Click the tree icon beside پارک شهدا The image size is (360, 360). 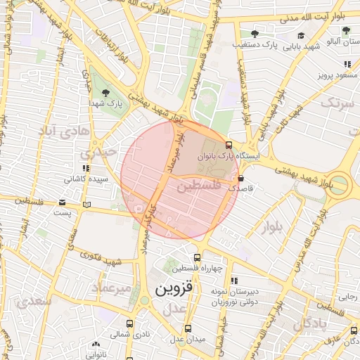point(105,92)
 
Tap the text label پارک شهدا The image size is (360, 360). point(105,104)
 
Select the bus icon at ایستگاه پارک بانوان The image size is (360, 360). point(229,144)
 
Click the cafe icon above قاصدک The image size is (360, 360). point(242,179)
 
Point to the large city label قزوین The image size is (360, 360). point(173,289)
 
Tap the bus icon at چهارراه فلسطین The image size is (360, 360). point(197,257)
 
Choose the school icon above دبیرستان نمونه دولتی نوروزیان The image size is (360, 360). point(234,280)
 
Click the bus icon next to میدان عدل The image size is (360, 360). point(188,328)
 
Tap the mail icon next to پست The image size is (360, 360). point(86,205)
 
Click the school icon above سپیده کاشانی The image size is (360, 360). point(86,169)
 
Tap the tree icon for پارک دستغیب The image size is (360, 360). point(255,34)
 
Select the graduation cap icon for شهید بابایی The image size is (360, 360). point(301,36)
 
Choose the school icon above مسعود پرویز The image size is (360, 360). point(347,64)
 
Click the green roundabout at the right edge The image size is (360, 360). point(340,186)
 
